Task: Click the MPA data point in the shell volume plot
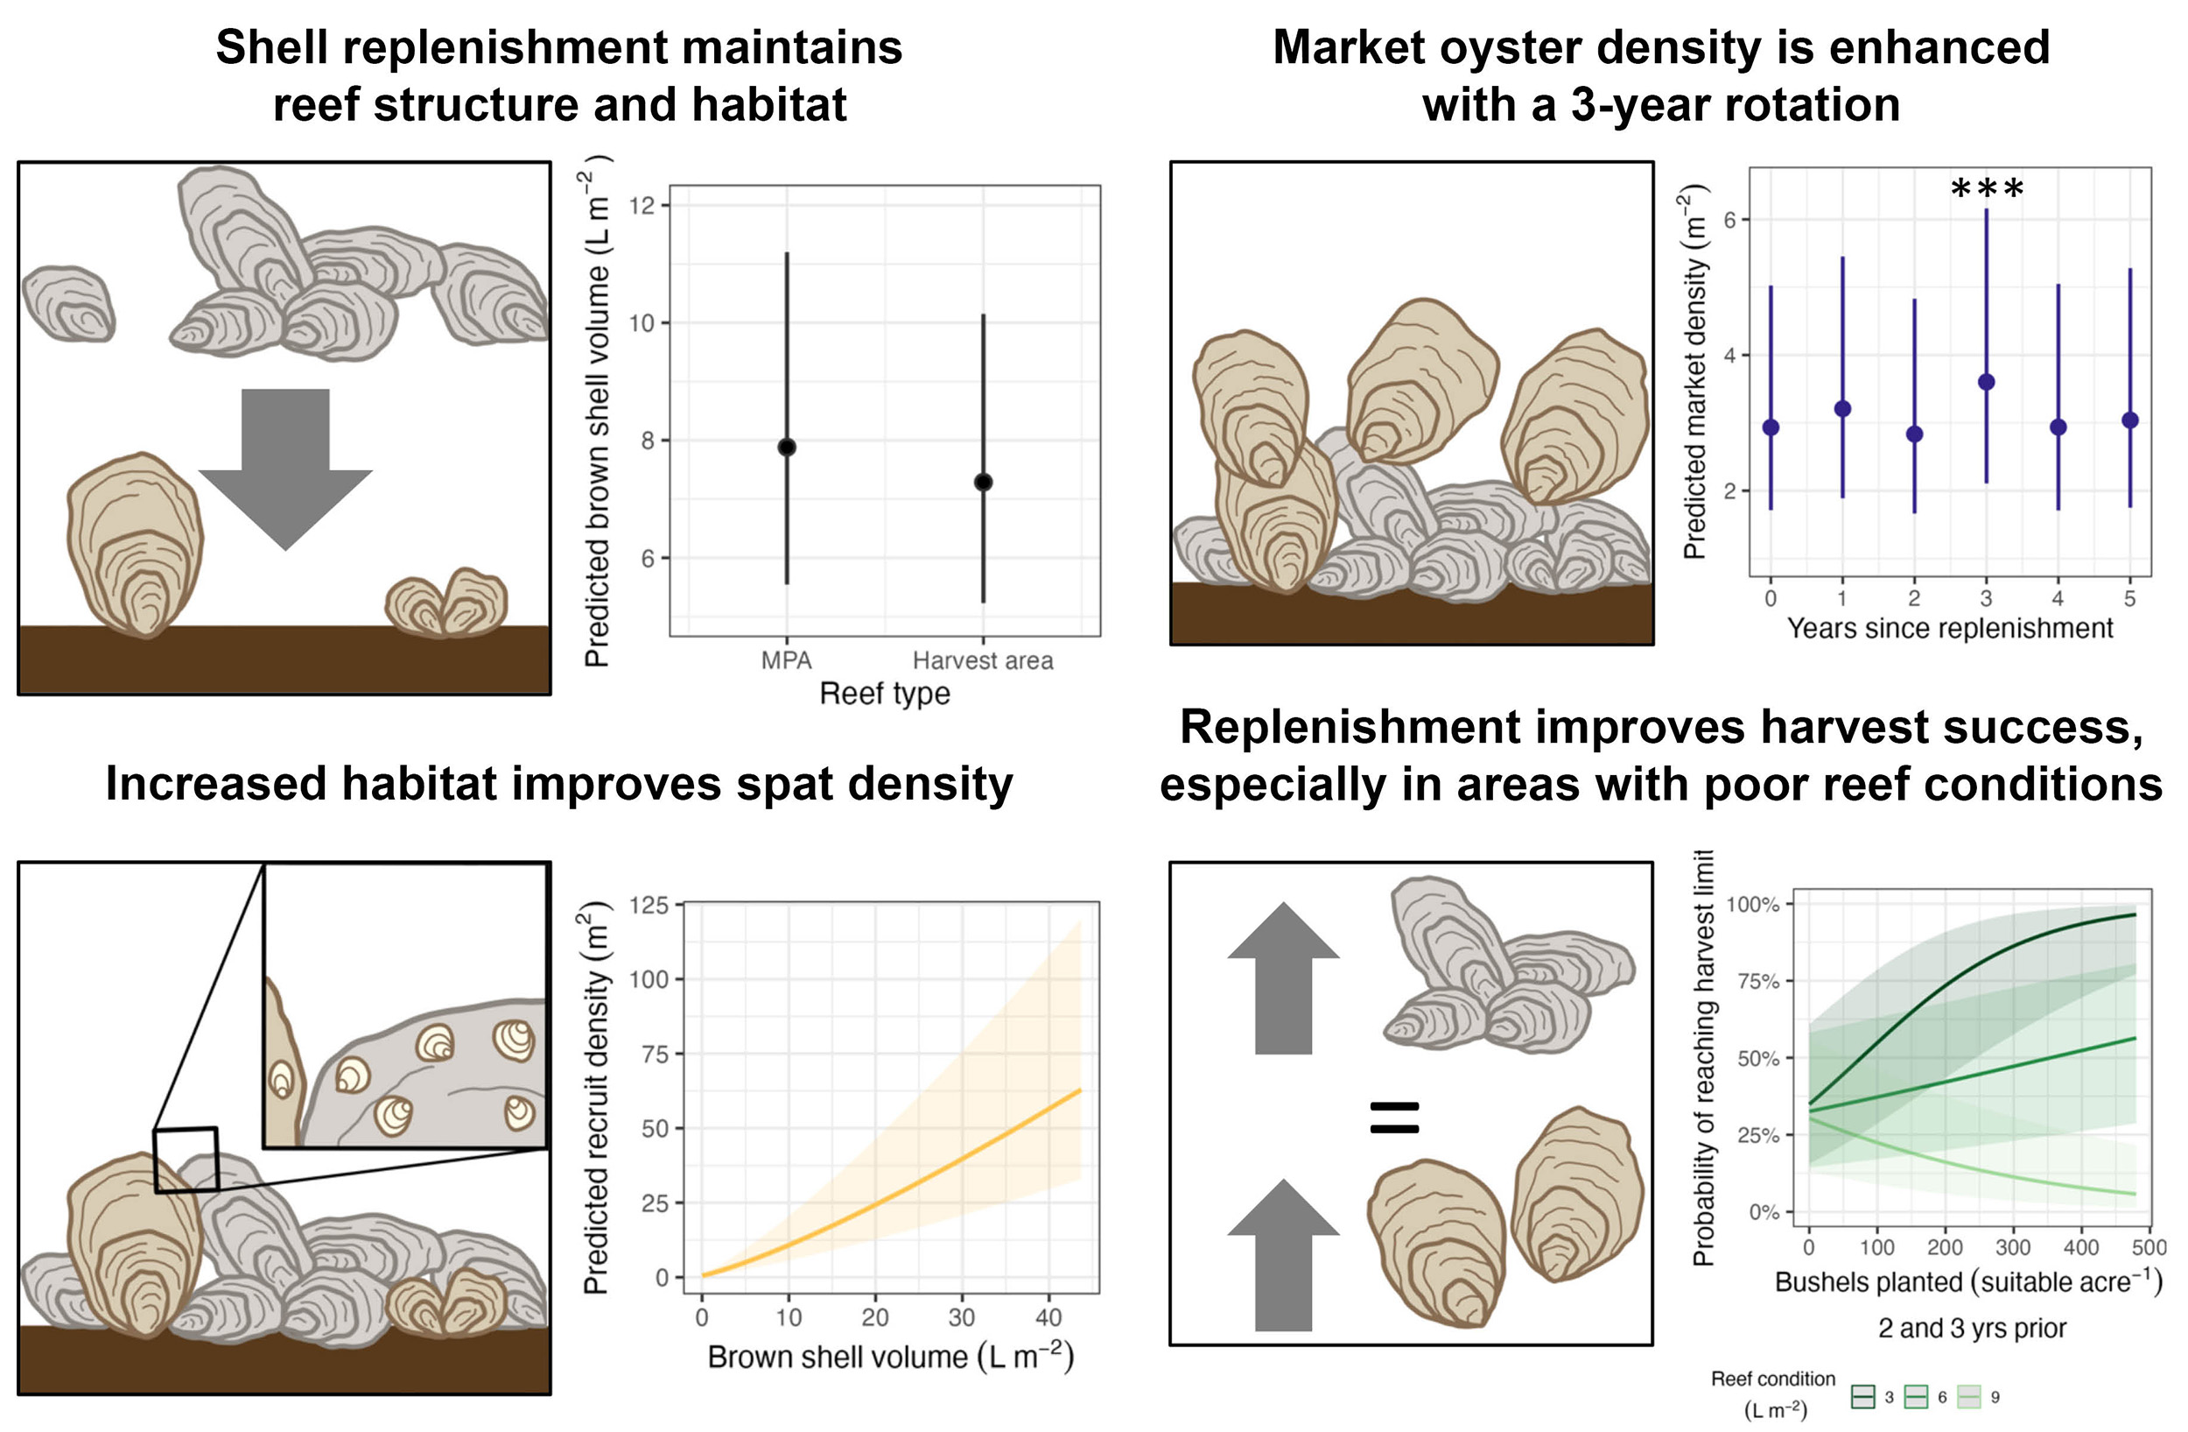(787, 447)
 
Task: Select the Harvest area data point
(983, 482)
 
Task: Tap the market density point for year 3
(1986, 382)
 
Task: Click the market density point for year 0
(1771, 427)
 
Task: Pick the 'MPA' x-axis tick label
(786, 660)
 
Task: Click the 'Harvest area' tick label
(983, 660)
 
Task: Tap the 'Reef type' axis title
(885, 694)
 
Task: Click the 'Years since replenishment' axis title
(1949, 628)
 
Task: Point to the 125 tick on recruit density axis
(649, 905)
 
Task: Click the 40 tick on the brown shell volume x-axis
(1048, 1317)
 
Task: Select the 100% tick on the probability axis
(1752, 904)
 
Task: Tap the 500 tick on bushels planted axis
(2149, 1247)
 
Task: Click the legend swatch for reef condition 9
(1969, 1397)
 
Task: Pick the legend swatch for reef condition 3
(1863, 1397)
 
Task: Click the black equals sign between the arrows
(1394, 1117)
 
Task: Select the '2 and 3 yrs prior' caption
(1973, 1328)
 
